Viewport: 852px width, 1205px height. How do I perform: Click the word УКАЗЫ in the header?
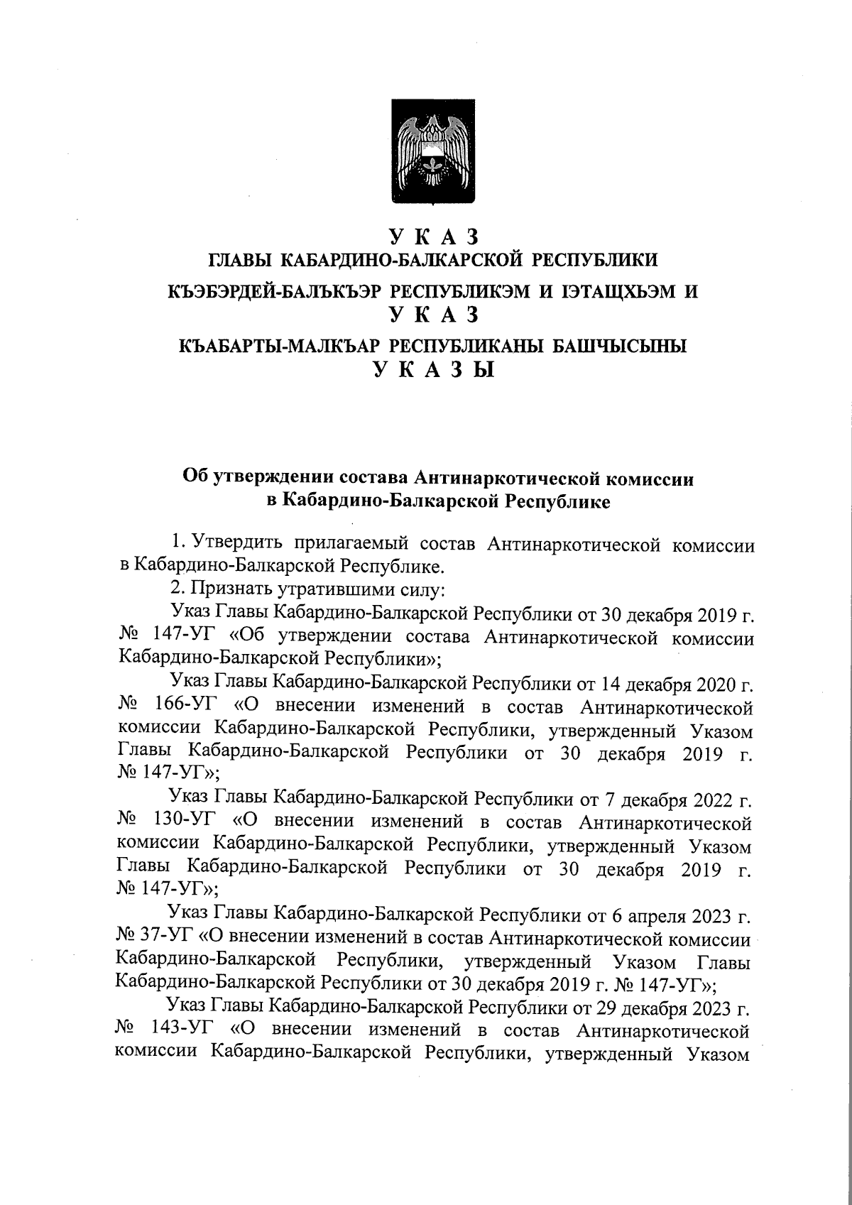pos(434,371)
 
